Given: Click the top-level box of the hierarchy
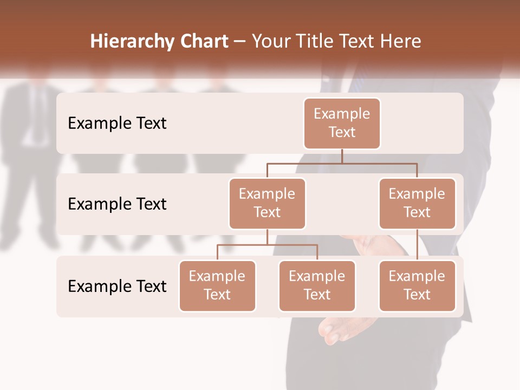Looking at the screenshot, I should tap(342, 123).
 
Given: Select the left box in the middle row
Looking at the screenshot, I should tap(267, 204).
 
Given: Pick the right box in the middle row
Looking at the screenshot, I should tap(417, 204).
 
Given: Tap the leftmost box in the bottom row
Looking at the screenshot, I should tap(217, 286).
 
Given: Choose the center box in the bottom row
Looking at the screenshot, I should tap(317, 286).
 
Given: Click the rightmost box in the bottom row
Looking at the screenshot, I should tap(417, 286).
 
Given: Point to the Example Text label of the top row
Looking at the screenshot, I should tap(117, 123).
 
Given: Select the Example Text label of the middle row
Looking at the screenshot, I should tap(117, 204).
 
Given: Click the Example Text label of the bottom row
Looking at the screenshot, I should tap(117, 286).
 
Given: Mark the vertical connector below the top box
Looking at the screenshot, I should tap(342, 156).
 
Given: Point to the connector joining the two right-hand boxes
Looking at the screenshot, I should tap(417, 245).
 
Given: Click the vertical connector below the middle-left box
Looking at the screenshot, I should tap(267, 237).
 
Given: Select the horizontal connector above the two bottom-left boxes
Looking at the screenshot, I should tap(267, 245).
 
